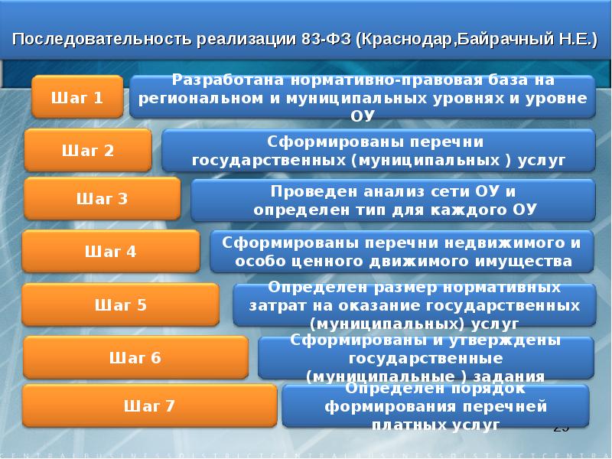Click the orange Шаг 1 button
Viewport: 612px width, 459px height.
pos(77,97)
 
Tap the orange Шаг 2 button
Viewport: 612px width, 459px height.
pos(88,151)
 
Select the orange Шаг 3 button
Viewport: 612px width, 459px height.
pos(102,200)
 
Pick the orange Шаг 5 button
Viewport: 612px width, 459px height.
pos(121,304)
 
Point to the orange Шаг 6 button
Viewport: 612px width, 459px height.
pos(135,357)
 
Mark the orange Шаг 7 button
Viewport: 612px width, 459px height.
pos(149,406)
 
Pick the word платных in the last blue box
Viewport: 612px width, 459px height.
pos(405,423)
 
